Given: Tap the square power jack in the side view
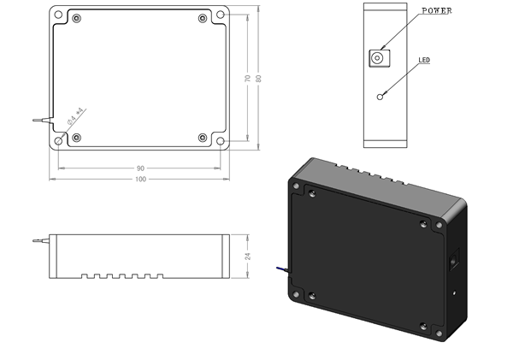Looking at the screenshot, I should coord(376,57).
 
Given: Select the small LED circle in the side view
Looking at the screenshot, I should coord(380,96).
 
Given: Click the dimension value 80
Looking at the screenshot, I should coord(258,78).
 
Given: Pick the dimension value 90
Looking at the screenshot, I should coord(139,168).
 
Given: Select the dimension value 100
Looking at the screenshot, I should coord(139,179).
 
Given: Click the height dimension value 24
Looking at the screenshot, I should coord(247,256).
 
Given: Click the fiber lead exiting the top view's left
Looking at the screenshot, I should coord(38,121).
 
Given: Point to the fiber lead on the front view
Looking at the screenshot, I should coord(38,242).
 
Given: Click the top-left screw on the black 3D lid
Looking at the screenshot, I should coord(312,194).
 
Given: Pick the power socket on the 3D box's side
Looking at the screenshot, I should coord(456,257).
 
